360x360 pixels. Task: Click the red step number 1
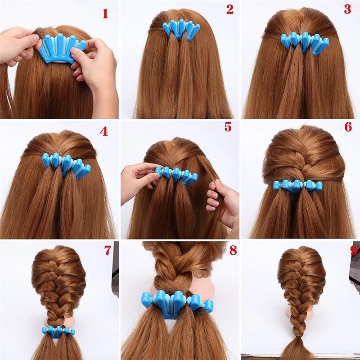[x=105, y=13]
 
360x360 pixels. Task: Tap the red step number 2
[x=230, y=9]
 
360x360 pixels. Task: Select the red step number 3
[x=347, y=9]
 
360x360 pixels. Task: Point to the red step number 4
[x=104, y=131]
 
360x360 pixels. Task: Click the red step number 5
[x=228, y=127]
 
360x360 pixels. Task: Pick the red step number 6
[x=348, y=127]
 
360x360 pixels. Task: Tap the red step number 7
[x=108, y=251]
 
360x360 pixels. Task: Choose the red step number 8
[x=233, y=251]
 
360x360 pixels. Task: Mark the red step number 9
[x=354, y=251]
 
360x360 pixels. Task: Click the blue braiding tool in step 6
[x=298, y=185]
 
